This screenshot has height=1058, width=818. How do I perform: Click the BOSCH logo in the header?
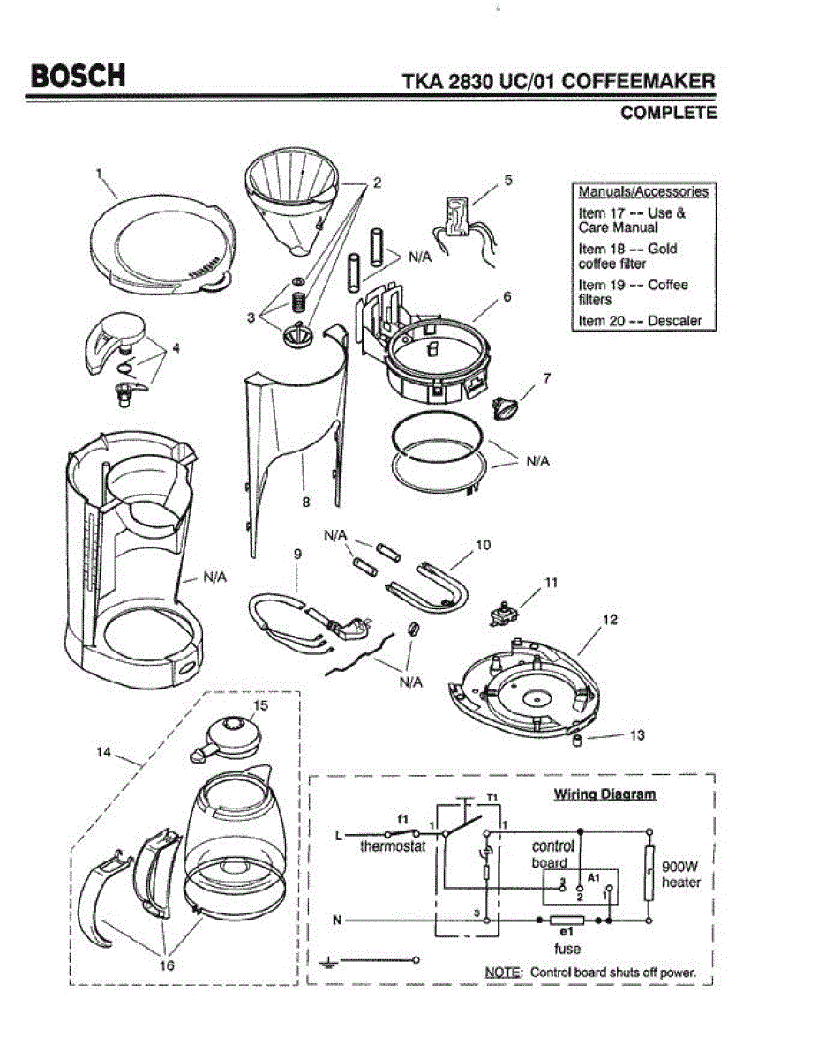pos(78,76)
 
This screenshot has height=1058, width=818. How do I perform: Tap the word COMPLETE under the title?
pos(669,113)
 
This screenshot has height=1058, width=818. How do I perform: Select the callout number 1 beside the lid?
pos(99,174)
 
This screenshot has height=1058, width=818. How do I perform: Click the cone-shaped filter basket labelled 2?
pos(291,204)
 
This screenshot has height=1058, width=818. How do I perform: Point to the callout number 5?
pos(508,180)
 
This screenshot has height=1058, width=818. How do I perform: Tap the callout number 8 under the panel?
pos(306,502)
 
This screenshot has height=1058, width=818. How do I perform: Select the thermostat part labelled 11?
pos(502,614)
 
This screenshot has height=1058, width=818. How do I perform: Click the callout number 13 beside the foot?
pos(637,735)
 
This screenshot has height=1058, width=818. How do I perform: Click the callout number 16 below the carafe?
pos(167,965)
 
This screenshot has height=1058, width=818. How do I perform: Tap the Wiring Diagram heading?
pos(604,794)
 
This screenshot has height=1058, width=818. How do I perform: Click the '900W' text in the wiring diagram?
pos(679,867)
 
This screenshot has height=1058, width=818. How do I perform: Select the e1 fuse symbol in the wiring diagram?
pos(567,920)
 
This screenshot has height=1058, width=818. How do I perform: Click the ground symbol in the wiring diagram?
pos(327,962)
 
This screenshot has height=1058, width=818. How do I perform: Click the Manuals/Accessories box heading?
pos(643,191)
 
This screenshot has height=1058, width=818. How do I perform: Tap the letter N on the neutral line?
pos(337,920)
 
